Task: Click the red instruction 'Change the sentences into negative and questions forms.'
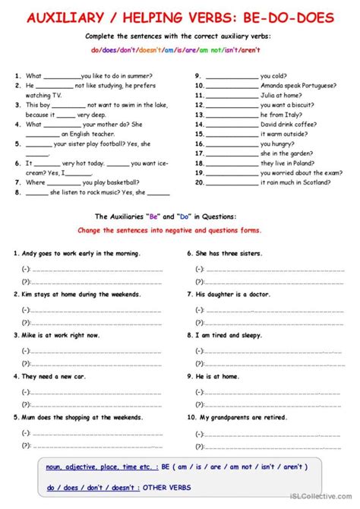click(180, 229)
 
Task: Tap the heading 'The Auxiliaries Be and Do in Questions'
click(180, 217)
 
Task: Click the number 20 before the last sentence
click(199, 182)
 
